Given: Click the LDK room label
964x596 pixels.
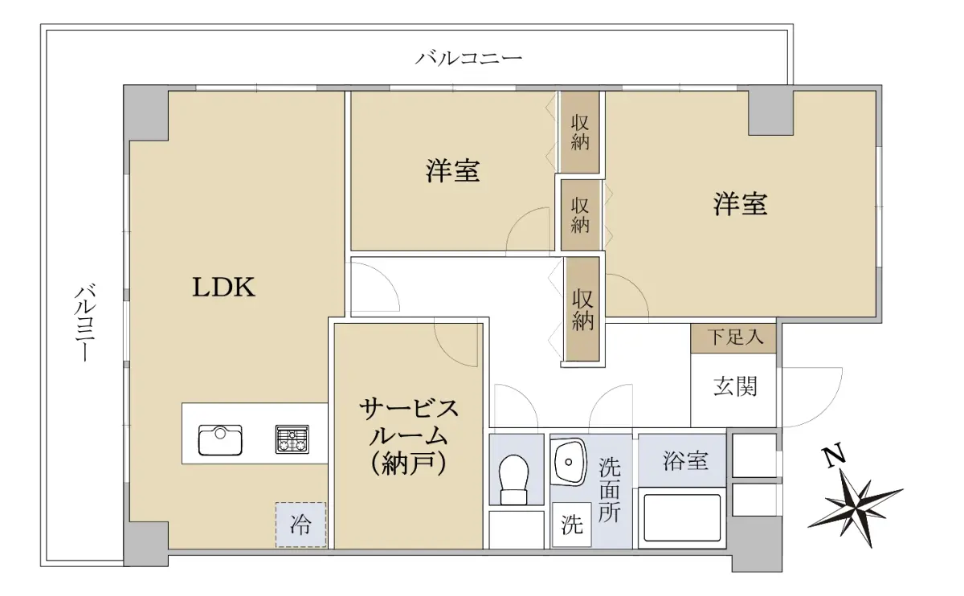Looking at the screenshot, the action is (x=223, y=288).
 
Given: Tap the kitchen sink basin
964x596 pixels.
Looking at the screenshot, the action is (x=220, y=440).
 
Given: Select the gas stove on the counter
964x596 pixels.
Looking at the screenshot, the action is (x=292, y=439).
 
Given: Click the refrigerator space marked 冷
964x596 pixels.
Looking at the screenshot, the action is (x=300, y=525).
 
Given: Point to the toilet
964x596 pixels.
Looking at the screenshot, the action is (x=514, y=480).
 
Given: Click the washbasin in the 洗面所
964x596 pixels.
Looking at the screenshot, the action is (x=569, y=462).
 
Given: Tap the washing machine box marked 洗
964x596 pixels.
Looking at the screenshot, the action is (x=572, y=525).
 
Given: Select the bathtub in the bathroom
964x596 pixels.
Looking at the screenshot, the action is (x=682, y=517).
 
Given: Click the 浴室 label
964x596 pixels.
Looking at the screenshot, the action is (x=685, y=461).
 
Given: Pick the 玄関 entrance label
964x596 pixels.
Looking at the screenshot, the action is (x=735, y=386).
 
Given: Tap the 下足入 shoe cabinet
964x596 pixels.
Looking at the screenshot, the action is (x=733, y=338).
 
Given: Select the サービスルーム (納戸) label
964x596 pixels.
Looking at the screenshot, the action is (x=408, y=437).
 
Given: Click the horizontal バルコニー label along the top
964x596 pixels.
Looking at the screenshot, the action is (x=468, y=58).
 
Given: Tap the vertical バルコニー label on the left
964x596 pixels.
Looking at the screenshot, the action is (x=86, y=322).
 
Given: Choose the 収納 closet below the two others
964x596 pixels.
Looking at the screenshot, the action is (x=582, y=309).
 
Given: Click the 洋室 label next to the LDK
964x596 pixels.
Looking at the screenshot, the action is (x=453, y=171).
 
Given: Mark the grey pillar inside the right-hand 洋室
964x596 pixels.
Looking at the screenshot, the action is (x=770, y=112).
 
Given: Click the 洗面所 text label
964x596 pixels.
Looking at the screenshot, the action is (x=610, y=490).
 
